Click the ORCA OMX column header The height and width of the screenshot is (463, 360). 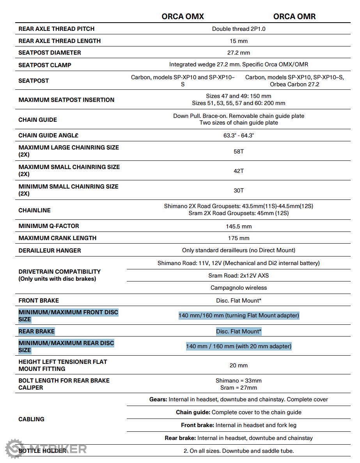183,16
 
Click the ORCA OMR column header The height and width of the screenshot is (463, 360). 294,16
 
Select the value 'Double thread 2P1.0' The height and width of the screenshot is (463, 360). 239,29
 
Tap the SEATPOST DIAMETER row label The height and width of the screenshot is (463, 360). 50,53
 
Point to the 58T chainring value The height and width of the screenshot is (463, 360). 239,151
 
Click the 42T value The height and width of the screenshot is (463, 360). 239,171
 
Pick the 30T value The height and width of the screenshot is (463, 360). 239,190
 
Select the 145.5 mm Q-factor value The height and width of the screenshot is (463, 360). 239,226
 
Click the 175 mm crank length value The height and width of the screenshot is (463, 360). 239,238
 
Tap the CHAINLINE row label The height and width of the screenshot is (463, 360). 34,210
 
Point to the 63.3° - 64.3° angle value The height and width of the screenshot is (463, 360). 239,135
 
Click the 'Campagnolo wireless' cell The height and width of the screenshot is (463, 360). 239,288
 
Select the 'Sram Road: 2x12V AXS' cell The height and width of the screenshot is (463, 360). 239,276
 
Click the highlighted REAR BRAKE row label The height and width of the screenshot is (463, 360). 37,331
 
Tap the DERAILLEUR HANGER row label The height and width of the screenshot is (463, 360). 50,250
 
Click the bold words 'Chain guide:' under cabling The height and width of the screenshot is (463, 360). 193,412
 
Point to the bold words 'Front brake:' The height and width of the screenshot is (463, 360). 197,425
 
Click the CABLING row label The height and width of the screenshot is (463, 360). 31,419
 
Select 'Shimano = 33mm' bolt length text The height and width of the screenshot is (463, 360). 239,381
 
